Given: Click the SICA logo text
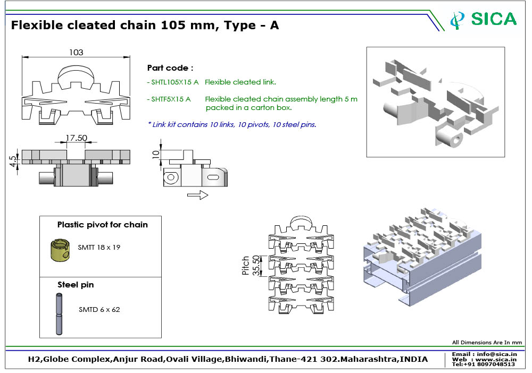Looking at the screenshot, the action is tap(494, 19).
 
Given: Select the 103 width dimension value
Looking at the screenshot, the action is tap(76, 53).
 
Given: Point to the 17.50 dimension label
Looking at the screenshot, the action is tap(76, 138).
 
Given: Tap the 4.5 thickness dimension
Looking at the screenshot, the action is tap(13, 161).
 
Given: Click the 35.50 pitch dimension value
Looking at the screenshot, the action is tap(257, 265).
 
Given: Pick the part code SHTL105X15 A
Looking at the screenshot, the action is tap(174, 82).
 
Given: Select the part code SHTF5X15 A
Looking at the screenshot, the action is tap(171, 99).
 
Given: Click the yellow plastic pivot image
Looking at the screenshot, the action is tap(60, 250).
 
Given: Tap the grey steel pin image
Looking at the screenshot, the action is tap(59, 314).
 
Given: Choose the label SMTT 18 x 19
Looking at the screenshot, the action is tap(99, 247).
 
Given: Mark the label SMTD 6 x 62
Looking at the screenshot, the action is tap(99, 309).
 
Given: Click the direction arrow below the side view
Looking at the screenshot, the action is tap(198, 195).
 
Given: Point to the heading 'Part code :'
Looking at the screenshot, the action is tap(170, 68).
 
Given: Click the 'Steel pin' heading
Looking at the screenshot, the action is tap(76, 285).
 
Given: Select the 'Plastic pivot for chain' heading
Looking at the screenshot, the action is tap(103, 225).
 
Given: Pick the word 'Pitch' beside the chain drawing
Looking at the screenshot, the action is tap(245, 265).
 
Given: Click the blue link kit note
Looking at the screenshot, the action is tap(232, 125).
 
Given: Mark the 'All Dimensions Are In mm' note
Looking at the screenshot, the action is tap(487, 343).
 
